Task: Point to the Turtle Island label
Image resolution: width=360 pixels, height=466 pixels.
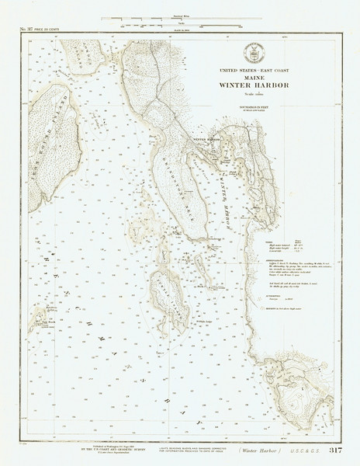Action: tap(167, 291)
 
